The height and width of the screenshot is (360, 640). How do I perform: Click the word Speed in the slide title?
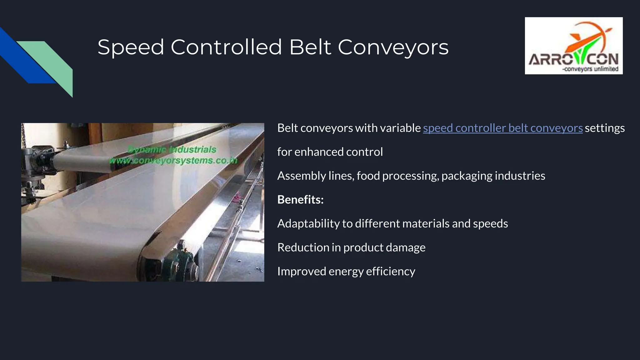coord(131,47)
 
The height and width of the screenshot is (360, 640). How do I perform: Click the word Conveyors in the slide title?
coord(393,47)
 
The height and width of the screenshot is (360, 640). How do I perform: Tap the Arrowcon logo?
coord(573,46)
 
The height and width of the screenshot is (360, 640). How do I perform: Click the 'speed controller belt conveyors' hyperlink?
coord(502,128)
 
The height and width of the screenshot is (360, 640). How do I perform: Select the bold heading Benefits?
coord(300,200)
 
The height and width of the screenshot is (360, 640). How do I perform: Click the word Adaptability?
coord(308,224)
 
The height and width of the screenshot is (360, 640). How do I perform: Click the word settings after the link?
coord(604,128)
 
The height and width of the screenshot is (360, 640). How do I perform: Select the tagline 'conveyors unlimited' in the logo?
coord(590,69)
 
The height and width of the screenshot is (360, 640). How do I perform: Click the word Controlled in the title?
coord(226,47)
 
